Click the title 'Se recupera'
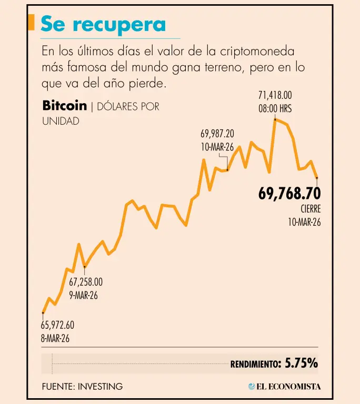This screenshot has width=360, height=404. [103, 24]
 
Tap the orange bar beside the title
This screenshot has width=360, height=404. [31, 23]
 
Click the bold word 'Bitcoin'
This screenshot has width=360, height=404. [64, 106]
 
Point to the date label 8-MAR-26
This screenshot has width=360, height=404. [55, 338]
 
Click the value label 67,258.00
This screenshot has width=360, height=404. [86, 282]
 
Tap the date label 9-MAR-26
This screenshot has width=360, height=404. [84, 295]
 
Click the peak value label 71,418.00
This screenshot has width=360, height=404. [275, 96]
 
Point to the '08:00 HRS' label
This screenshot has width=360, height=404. [275, 108]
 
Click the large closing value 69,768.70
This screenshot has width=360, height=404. [289, 194]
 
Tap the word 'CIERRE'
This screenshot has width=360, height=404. [311, 209]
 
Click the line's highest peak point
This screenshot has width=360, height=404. [275, 120]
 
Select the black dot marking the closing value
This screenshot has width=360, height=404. [317, 178]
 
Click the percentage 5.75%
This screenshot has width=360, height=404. [301, 363]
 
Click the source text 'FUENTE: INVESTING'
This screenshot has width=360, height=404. [82, 386]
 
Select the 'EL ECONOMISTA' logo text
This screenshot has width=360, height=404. [288, 387]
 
